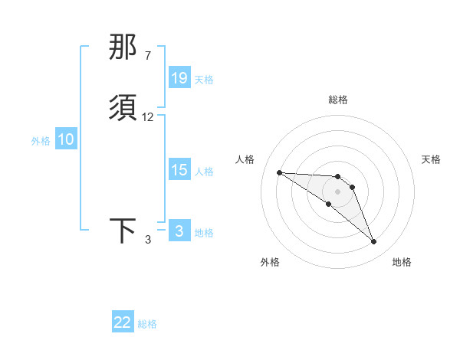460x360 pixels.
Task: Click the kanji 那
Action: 123,48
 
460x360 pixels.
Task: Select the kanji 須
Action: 123,108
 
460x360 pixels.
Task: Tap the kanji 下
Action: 123,231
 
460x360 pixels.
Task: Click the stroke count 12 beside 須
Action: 148,117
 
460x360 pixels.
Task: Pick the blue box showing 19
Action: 179,78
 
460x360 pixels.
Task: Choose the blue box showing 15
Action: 179,170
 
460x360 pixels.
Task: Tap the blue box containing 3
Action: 179,231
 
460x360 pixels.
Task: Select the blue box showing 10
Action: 66,139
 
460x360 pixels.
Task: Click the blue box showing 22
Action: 123,322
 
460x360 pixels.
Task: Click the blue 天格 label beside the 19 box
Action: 204,80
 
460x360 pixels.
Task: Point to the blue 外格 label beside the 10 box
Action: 41,141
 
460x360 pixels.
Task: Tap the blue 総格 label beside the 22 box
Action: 147,324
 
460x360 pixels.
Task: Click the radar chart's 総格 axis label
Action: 338,100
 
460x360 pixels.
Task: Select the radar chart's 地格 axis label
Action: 402,262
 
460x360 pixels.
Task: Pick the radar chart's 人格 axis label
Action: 245,159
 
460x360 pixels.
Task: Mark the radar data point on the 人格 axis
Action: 279,172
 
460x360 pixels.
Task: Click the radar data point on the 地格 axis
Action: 373,242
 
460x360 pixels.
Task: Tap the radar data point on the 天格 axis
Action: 352,187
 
